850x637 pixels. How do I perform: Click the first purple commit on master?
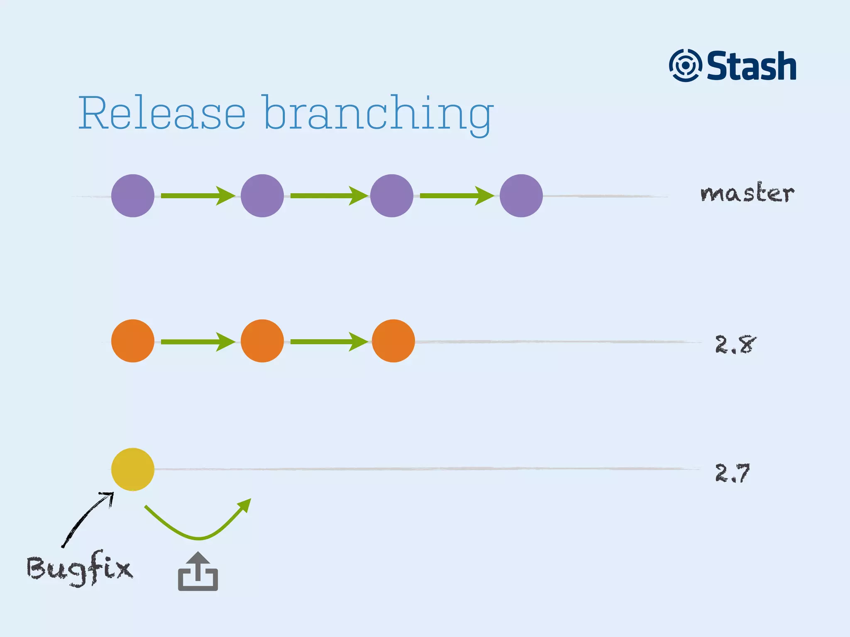(x=133, y=196)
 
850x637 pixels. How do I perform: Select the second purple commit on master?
(x=262, y=196)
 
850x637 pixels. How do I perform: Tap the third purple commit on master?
(x=392, y=196)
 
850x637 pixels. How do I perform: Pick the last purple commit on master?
(x=521, y=196)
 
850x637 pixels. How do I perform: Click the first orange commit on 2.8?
(x=133, y=341)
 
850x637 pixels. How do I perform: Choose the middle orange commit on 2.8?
(x=262, y=341)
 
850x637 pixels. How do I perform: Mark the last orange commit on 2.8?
(x=393, y=341)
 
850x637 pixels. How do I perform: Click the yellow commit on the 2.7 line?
(x=133, y=469)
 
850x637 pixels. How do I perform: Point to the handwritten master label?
(x=747, y=193)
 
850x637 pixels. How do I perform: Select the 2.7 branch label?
(x=733, y=473)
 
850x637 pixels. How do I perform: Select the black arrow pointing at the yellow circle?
(x=87, y=518)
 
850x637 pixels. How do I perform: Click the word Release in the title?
(x=162, y=113)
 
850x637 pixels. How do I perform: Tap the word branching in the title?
(x=378, y=114)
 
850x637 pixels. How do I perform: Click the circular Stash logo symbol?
(x=685, y=66)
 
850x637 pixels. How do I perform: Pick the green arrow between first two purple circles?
(x=198, y=196)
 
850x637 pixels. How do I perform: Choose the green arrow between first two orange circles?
(x=198, y=342)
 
